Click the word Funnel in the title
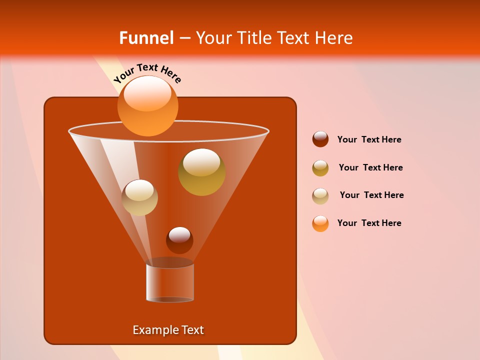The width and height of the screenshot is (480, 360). click(x=146, y=38)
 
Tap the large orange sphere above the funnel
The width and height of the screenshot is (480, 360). click(x=147, y=106)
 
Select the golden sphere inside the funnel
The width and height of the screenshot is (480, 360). click(x=201, y=172)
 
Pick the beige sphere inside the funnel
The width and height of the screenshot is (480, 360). click(x=139, y=197)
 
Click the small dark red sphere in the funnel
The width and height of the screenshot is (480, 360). click(x=179, y=240)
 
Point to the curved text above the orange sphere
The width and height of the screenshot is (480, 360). click(x=147, y=73)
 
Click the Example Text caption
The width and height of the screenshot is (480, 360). click(x=168, y=330)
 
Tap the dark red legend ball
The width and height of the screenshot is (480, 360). click(x=320, y=139)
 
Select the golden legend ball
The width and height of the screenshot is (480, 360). click(x=320, y=167)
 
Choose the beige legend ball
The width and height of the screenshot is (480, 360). click(x=320, y=195)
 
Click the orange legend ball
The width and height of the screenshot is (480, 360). click(x=320, y=223)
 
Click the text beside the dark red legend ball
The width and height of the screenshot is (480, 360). click(x=369, y=140)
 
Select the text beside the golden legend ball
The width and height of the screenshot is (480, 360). click(x=370, y=168)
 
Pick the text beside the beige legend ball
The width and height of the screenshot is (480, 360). click(x=371, y=195)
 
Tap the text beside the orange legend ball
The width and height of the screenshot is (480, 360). click(x=369, y=223)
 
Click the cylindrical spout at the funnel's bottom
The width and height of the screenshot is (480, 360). click(x=170, y=282)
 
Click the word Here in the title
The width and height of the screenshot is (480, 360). click(x=334, y=38)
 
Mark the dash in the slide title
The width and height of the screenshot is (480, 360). click(x=184, y=38)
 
